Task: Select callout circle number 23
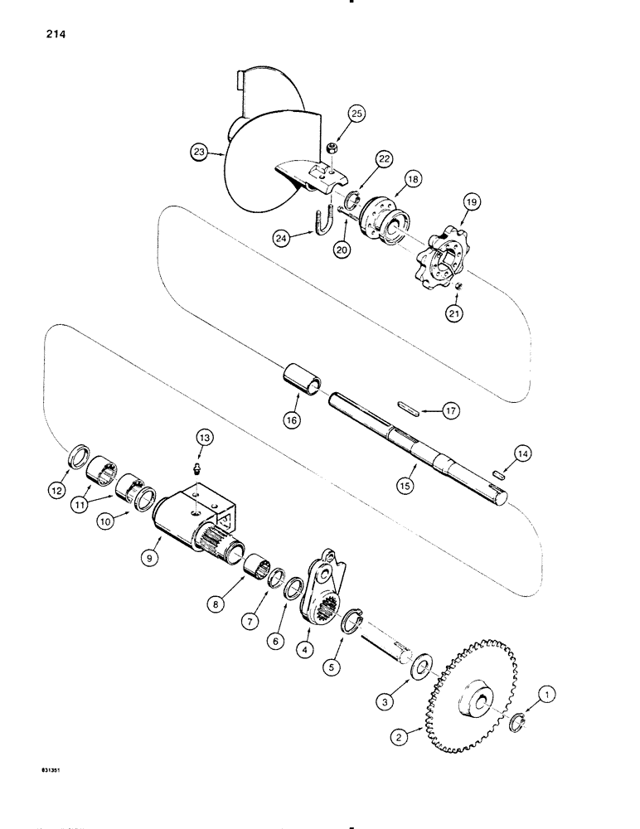click(x=197, y=153)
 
